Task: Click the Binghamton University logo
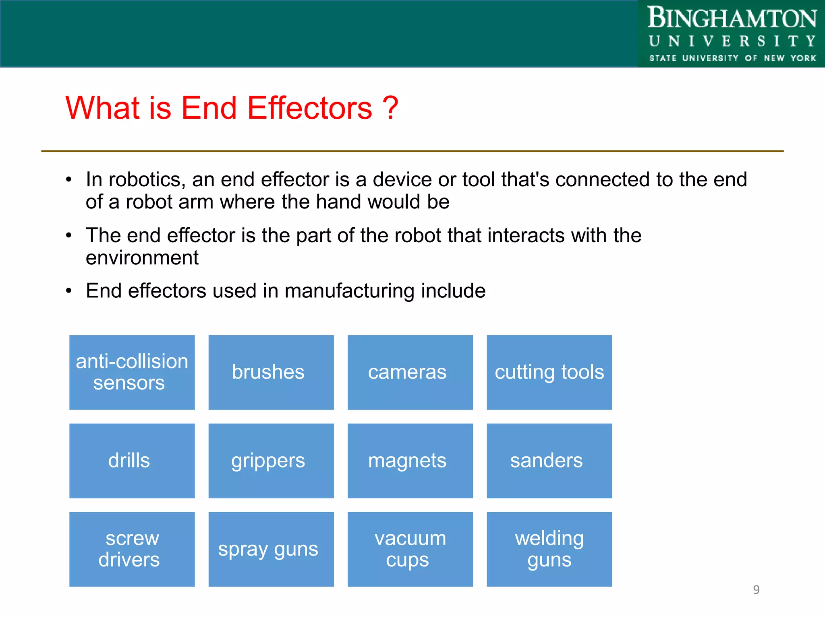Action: tap(732, 34)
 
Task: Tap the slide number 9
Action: tap(756, 590)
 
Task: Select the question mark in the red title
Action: tap(390, 108)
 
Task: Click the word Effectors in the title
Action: tap(309, 108)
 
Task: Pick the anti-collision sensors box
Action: tap(132, 372)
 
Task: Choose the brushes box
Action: tap(271, 372)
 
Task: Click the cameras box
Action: tap(410, 372)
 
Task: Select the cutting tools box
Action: tap(549, 372)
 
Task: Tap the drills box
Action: tap(132, 461)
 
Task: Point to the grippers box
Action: tap(271, 461)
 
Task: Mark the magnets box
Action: tap(410, 461)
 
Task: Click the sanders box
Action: tap(549, 461)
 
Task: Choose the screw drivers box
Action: tap(132, 549)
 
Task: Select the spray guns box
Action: tap(271, 549)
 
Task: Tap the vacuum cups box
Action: tap(410, 549)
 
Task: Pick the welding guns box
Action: tap(549, 549)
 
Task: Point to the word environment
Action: tap(142, 258)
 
